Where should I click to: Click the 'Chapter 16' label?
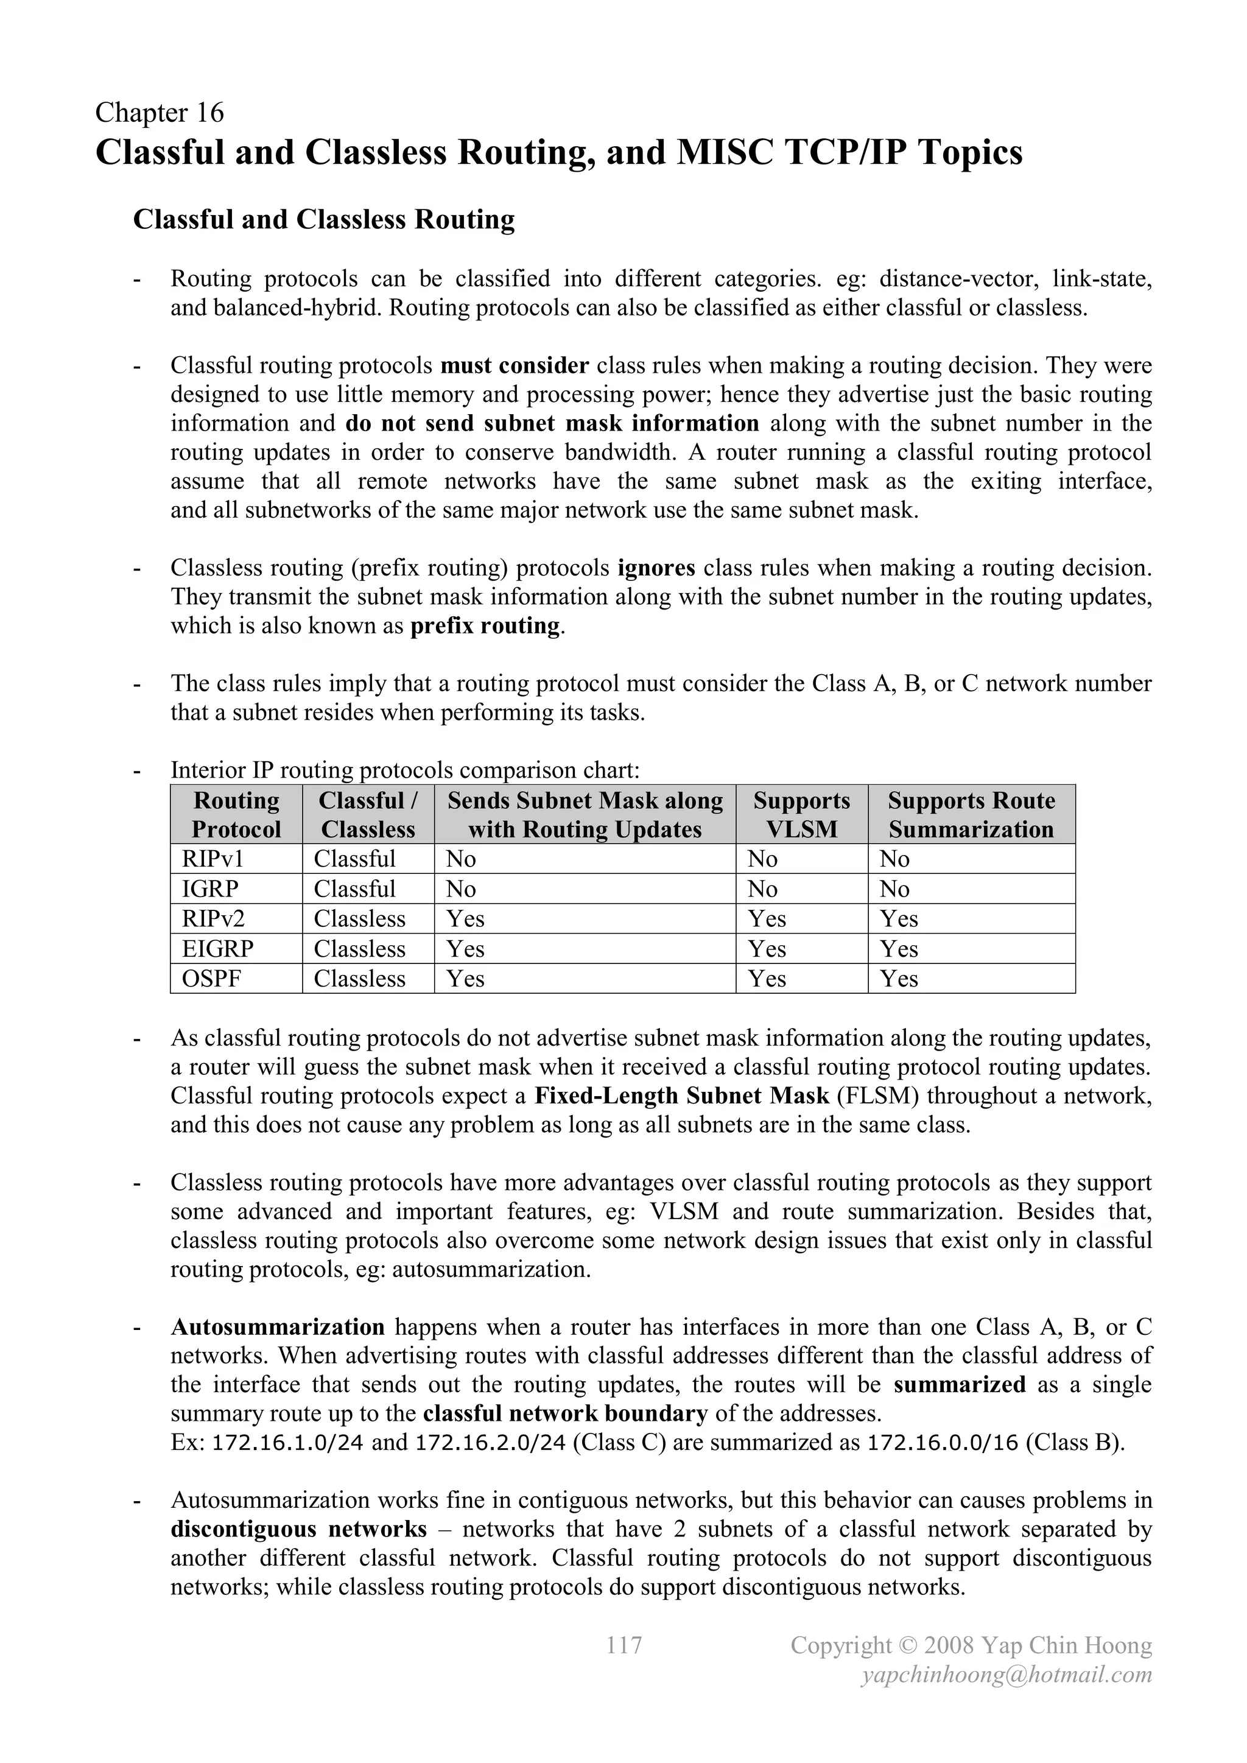pyautogui.click(x=159, y=113)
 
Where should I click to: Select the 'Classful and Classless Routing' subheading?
pyautogui.click(x=323, y=220)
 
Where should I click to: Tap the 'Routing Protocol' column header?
pyautogui.click(x=236, y=815)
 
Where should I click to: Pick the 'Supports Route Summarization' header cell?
pyautogui.click(x=971, y=815)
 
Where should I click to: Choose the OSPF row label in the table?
pyautogui.click(x=207, y=978)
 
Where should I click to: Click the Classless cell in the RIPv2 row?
pyautogui.click(x=359, y=918)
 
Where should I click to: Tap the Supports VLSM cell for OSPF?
pyautogui.click(x=767, y=978)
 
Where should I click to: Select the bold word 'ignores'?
pyautogui.click(x=656, y=568)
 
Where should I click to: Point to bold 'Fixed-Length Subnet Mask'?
pyautogui.click(x=681, y=1096)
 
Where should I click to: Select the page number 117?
pyautogui.click(x=623, y=1645)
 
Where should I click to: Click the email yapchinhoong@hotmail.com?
pyautogui.click(x=1006, y=1675)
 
